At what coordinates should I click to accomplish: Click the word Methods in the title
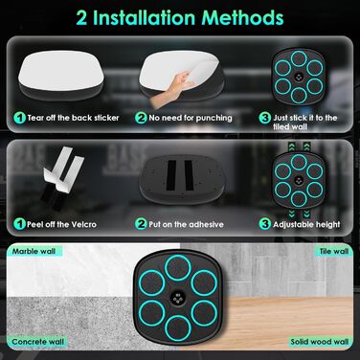[x=242, y=18]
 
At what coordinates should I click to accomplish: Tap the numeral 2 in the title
[x=81, y=18]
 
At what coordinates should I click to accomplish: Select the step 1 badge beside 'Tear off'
[x=19, y=118]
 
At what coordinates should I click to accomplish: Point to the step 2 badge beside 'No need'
[x=141, y=118]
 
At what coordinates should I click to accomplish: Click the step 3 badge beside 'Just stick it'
[x=265, y=118]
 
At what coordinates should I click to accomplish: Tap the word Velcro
[x=83, y=224]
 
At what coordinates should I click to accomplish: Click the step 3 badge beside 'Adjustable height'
[x=265, y=224]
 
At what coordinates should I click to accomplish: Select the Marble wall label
[x=34, y=251]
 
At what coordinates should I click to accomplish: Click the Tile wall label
[x=334, y=251]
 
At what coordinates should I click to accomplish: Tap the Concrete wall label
[x=38, y=342]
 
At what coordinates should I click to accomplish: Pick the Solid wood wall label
[x=320, y=342]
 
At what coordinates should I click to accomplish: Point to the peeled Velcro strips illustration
[x=62, y=177]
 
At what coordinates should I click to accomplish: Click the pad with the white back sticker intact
[x=60, y=76]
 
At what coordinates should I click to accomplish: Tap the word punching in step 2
[x=214, y=118]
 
